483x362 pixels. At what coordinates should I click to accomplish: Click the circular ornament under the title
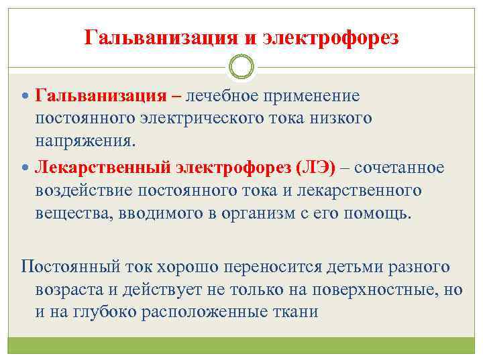pos(241,66)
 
